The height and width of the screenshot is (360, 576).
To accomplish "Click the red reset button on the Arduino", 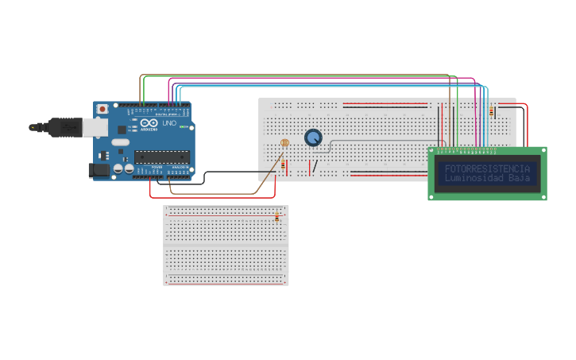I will [x=102, y=109].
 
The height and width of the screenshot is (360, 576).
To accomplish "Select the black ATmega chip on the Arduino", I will [x=162, y=156].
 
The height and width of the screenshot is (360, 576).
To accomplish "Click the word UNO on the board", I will [x=169, y=123].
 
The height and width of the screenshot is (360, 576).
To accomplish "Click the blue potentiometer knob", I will [x=314, y=137].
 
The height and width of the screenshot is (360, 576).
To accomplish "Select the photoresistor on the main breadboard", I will [x=285, y=143].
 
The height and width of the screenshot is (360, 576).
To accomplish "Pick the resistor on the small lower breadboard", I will [x=277, y=216].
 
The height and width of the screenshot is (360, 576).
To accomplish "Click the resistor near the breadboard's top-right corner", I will [x=491, y=111].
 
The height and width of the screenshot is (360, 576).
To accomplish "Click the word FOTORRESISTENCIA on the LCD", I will [x=487, y=168].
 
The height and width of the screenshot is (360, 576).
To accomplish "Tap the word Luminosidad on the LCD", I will [x=474, y=178].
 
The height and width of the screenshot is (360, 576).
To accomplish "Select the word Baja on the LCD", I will [x=519, y=178].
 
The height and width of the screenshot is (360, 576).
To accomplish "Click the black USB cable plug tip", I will [x=34, y=126].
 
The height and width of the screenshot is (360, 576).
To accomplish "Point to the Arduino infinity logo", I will [x=149, y=123].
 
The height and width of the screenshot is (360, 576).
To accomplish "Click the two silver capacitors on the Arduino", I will [x=123, y=168].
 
